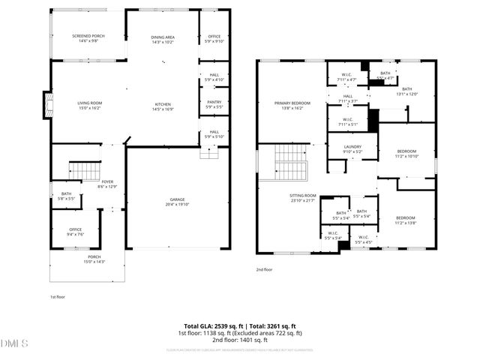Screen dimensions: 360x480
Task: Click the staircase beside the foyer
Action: pos(84,170)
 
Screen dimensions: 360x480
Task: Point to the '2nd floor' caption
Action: pos(265,268)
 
